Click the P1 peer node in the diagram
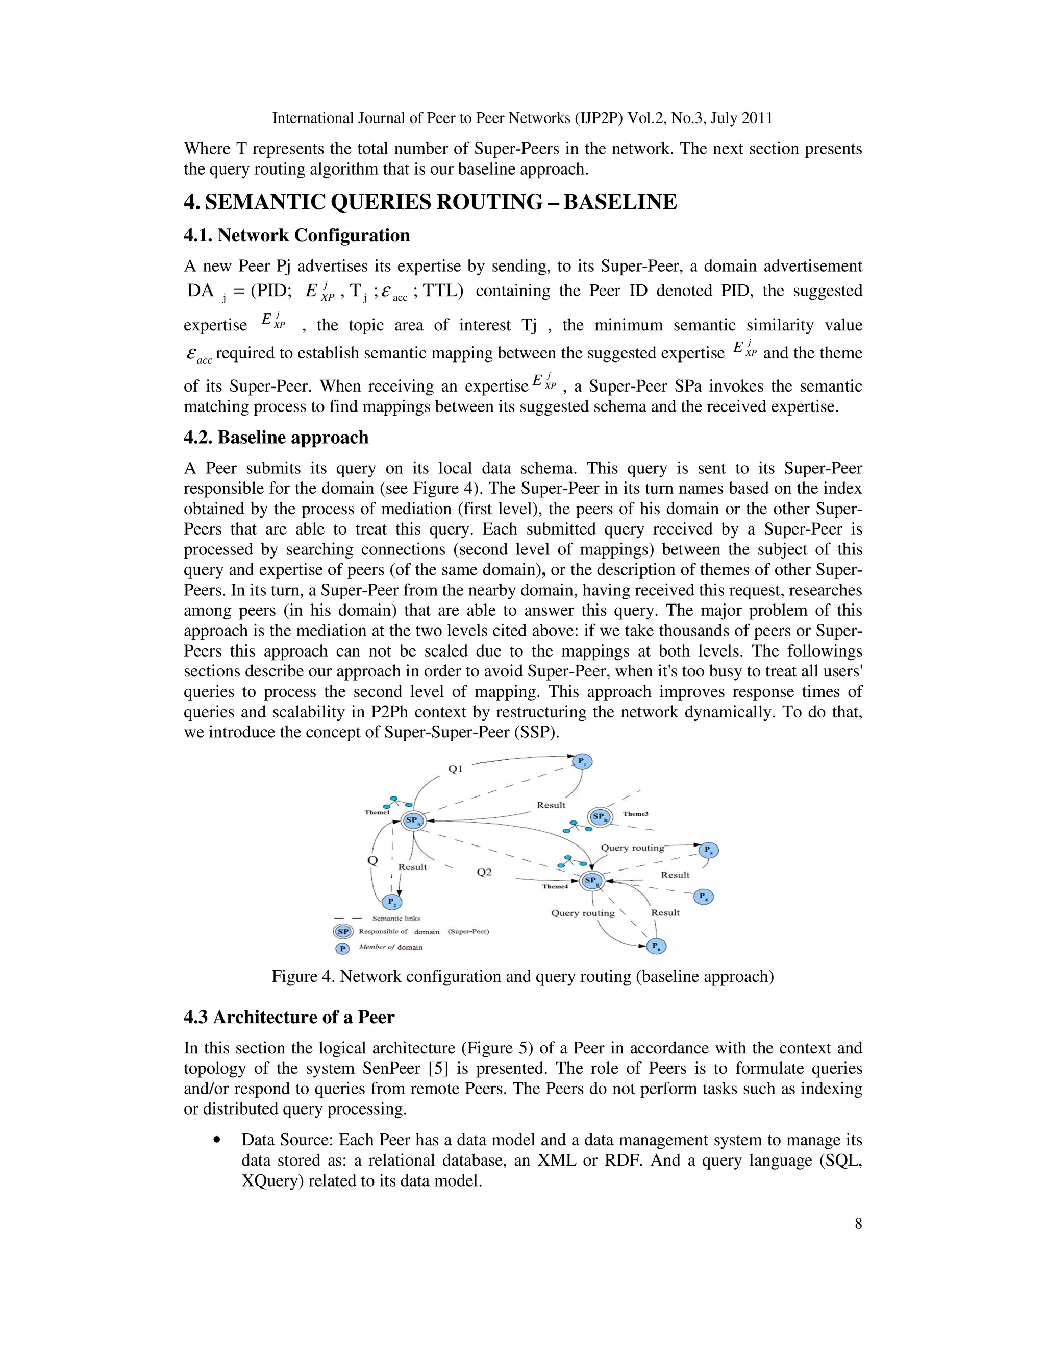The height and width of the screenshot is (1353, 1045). pyautogui.click(x=582, y=761)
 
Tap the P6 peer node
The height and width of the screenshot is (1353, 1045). pyautogui.click(x=656, y=946)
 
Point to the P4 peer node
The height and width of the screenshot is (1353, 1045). pyautogui.click(x=703, y=897)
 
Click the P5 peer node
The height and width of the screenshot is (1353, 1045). pyautogui.click(x=708, y=850)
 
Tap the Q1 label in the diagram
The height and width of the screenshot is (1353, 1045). pyautogui.click(x=455, y=769)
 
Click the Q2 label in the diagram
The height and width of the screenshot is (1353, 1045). pyautogui.click(x=484, y=872)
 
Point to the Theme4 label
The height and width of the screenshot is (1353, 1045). pyautogui.click(x=555, y=886)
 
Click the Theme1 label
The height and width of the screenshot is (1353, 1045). pyautogui.click(x=377, y=812)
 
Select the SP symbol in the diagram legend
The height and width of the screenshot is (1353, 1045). pyautogui.click(x=343, y=932)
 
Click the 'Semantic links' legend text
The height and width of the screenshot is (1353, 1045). pyautogui.click(x=395, y=918)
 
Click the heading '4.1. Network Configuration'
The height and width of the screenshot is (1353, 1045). pyautogui.click(x=296, y=235)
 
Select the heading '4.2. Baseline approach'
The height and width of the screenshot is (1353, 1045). pyautogui.click(x=276, y=438)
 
